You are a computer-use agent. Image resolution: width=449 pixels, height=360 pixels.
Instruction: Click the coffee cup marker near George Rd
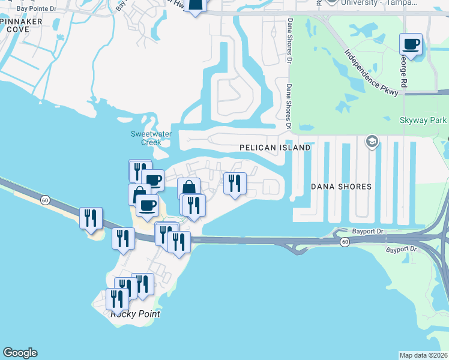(x=411, y=44)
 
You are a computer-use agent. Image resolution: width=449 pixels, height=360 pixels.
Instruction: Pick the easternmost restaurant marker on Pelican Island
(x=235, y=183)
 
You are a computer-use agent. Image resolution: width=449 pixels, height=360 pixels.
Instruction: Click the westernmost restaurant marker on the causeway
(x=91, y=218)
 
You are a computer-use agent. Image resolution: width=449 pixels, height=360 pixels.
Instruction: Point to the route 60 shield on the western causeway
(x=45, y=200)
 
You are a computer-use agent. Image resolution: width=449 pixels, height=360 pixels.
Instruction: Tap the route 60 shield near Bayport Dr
(x=344, y=241)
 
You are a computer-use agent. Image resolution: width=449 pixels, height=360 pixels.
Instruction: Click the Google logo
(x=19, y=353)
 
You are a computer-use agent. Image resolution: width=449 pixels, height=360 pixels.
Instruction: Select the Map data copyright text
(x=424, y=355)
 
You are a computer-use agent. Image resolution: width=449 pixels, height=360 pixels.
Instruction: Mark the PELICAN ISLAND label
(x=275, y=148)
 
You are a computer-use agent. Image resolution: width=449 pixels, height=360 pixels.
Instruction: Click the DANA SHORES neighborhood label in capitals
(x=341, y=187)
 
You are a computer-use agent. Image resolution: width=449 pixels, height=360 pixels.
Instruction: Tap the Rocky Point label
(x=135, y=314)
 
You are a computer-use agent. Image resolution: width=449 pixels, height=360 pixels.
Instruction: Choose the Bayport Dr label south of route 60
(x=401, y=249)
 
